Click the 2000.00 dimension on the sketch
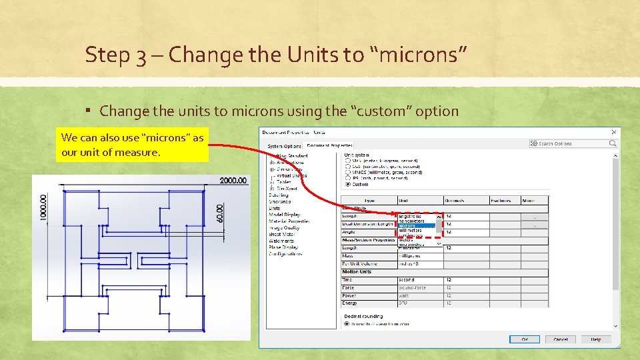pos(233,181)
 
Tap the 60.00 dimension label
pos(221,213)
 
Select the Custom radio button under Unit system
pos(348,185)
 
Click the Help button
pos(596,339)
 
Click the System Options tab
pos(284,146)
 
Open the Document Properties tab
pos(329,145)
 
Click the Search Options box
pos(573,143)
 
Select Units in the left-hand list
pos(275,209)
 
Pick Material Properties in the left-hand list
pos(289,221)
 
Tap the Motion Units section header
pos(357,272)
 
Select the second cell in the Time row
pos(407,280)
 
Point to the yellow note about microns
pos(133,145)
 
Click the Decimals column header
pos(456,201)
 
